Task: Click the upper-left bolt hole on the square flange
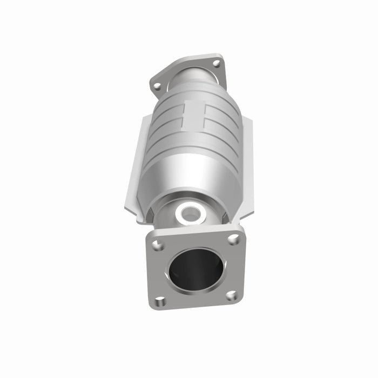pos(158,246)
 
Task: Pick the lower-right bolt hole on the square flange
pos(231,295)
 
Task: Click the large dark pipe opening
pos(195,270)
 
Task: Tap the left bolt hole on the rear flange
pos(157,85)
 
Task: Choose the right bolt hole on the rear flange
pos(217,63)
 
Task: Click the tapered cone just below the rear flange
pos(186,92)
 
